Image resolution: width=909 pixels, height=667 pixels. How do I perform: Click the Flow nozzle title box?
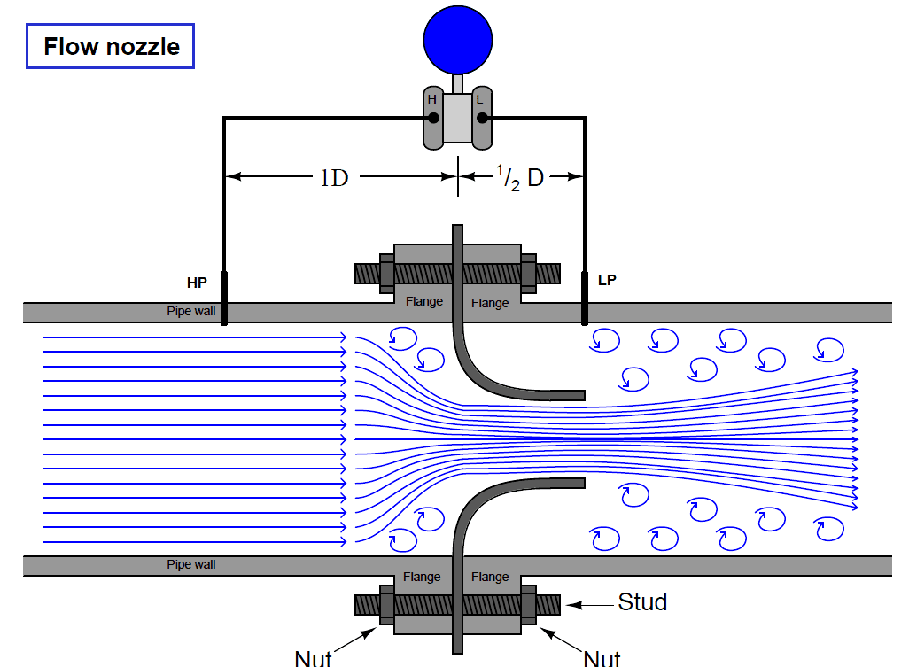[x=111, y=46]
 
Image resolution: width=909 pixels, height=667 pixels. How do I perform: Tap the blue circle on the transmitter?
[x=457, y=37]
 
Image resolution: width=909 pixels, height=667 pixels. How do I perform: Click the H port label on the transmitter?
[x=432, y=100]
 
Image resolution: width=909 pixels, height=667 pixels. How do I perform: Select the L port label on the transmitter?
[x=480, y=100]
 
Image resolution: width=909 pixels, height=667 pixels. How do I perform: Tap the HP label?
[x=197, y=283]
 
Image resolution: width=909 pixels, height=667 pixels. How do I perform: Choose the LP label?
[x=607, y=281]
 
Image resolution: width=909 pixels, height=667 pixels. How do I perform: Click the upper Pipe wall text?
[x=191, y=312]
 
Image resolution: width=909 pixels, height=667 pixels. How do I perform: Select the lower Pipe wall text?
[x=191, y=564]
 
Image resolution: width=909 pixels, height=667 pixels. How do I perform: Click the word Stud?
[x=642, y=603]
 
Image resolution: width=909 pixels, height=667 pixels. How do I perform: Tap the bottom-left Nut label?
[x=313, y=657]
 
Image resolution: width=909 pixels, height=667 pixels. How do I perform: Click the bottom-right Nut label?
[x=602, y=657]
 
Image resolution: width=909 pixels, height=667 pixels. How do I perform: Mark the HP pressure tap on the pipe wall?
[x=223, y=299]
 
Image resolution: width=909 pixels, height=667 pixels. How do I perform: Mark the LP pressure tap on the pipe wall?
[x=585, y=299]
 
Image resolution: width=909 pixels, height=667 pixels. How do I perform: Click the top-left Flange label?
[x=424, y=302]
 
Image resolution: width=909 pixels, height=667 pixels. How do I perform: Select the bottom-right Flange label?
[x=490, y=577]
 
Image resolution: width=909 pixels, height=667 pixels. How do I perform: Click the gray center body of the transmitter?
[x=457, y=120]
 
